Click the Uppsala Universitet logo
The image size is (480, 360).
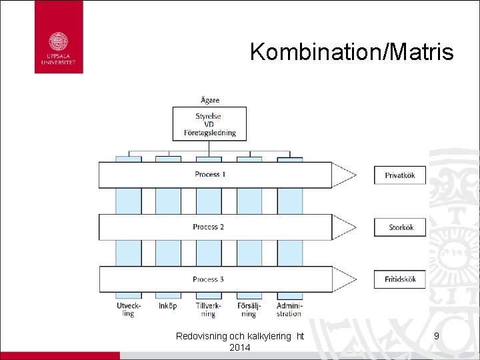click(x=59, y=37)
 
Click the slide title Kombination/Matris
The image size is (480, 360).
click(x=351, y=52)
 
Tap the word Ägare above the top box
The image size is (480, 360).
click(x=210, y=100)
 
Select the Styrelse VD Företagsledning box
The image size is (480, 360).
click(x=210, y=124)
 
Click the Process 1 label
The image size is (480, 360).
click(x=210, y=175)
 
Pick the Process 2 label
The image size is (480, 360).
click(x=208, y=227)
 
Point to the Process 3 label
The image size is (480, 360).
click(x=208, y=279)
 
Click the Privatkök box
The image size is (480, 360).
click(x=400, y=175)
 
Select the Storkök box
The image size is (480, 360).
click(x=401, y=227)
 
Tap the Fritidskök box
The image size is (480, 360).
click(x=400, y=279)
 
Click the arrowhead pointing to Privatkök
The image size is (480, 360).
click(x=344, y=175)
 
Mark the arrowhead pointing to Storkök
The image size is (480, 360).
click(x=344, y=227)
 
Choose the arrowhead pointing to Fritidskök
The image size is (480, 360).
click(x=344, y=279)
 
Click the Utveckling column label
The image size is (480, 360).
click(x=128, y=309)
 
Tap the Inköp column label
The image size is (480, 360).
click(x=168, y=306)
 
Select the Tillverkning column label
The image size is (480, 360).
click(x=209, y=309)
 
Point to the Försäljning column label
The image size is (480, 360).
click(x=249, y=309)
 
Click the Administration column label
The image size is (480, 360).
click(x=289, y=309)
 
